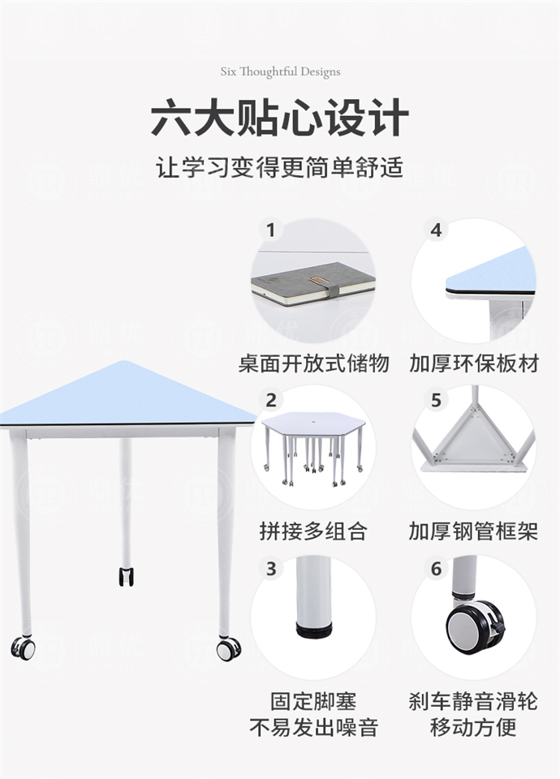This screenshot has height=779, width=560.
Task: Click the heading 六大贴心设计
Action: [280, 118]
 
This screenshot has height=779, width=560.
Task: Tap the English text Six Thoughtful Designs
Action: [280, 71]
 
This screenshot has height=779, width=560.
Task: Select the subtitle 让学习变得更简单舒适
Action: [280, 168]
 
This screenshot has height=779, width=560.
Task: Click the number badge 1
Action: [271, 230]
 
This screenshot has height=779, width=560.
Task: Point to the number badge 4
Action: [437, 230]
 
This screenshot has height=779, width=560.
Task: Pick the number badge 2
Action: [271, 399]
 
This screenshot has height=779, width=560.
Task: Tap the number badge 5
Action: [437, 399]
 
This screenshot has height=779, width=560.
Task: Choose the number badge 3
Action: [271, 569]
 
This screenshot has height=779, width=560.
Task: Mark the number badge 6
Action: [437, 569]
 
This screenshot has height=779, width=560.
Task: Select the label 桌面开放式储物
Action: [313, 363]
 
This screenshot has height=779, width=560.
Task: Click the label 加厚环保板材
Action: [473, 363]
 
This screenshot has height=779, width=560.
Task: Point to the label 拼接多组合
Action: [313, 532]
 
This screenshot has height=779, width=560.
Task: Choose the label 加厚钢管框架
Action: [473, 532]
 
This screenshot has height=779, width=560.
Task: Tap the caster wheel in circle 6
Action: [473, 626]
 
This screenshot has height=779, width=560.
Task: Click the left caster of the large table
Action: [24, 648]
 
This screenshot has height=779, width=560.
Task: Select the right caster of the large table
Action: [229, 648]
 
